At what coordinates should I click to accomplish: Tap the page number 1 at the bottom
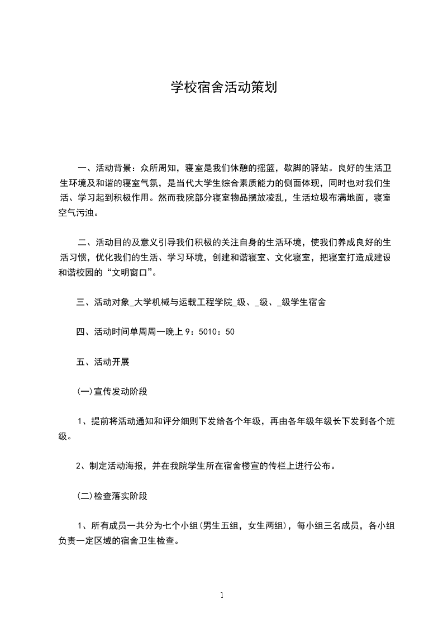coord(222,596)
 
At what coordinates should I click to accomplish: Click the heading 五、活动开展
coord(103,362)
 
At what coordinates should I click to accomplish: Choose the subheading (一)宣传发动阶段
coord(112,392)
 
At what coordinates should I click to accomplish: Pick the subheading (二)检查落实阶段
coord(112,496)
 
